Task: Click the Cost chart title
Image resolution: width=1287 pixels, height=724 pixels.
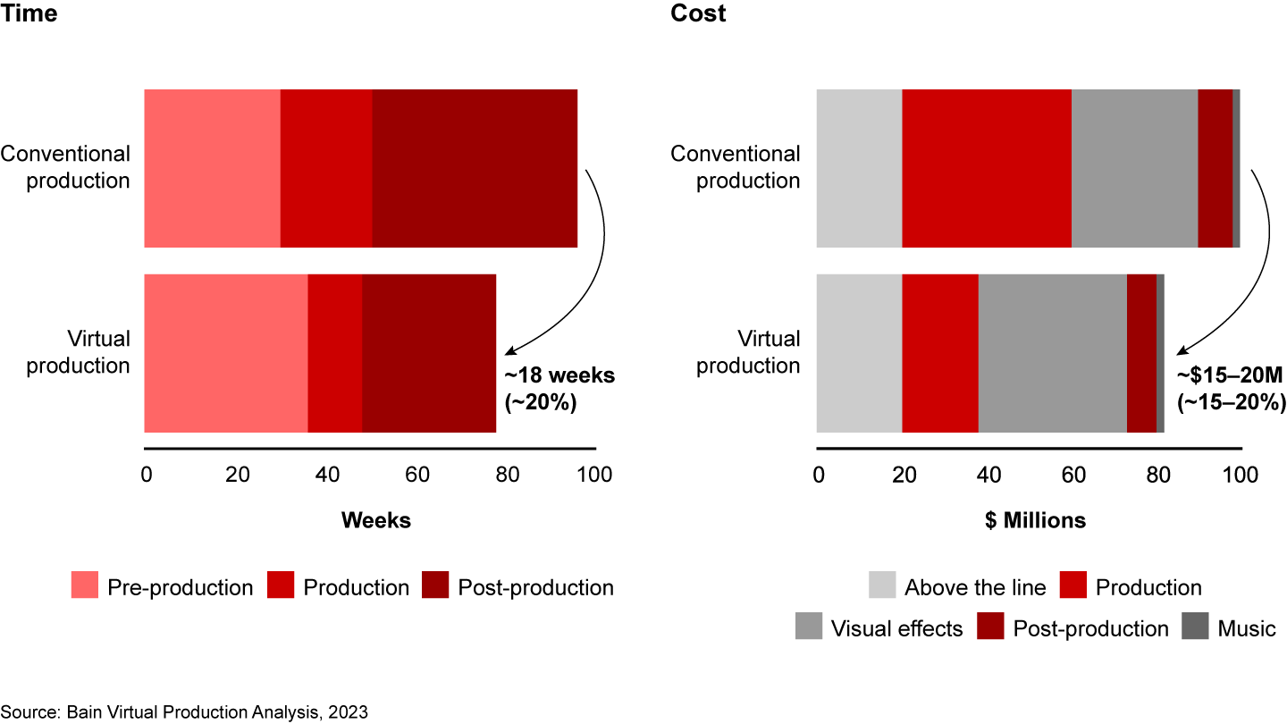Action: click(x=698, y=13)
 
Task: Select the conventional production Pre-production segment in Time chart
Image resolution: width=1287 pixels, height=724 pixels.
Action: click(x=212, y=168)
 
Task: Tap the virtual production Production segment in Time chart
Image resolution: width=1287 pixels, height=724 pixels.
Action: click(x=335, y=353)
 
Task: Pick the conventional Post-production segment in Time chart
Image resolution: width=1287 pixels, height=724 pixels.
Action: click(x=474, y=168)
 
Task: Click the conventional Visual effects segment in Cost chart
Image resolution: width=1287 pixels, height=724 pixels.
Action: click(x=1134, y=168)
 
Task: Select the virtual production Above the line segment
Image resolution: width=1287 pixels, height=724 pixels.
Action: click(x=859, y=353)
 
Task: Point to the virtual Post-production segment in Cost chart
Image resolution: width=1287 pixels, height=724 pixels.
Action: click(x=1141, y=353)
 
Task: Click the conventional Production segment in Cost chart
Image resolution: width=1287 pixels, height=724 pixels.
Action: click(x=987, y=168)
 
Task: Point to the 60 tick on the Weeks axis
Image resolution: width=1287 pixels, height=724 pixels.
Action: click(x=416, y=474)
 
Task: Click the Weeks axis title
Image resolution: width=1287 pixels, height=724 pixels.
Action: click(x=376, y=520)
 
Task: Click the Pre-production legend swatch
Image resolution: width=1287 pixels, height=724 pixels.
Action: click(x=85, y=587)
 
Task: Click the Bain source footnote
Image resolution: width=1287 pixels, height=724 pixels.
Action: click(x=184, y=711)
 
